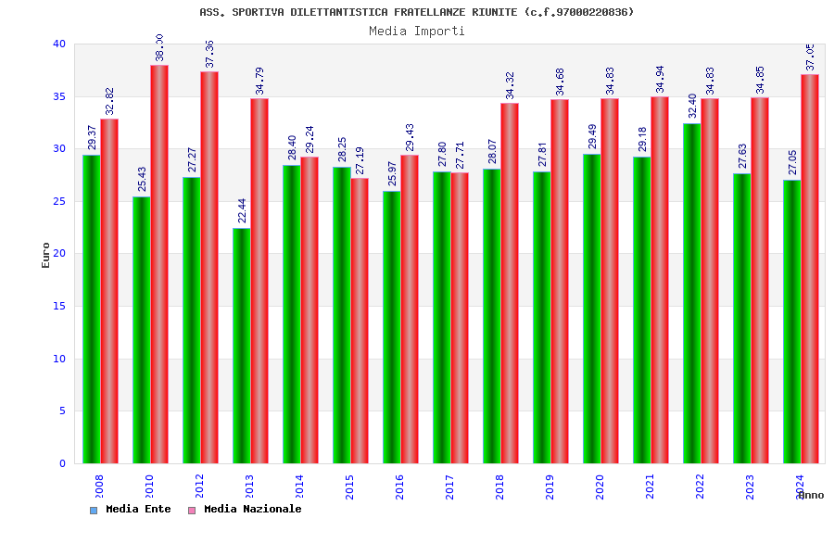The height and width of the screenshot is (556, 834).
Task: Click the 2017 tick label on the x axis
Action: tap(449, 486)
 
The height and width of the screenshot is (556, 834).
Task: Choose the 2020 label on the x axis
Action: tap(600, 486)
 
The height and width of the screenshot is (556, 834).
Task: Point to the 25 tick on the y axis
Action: tap(59, 201)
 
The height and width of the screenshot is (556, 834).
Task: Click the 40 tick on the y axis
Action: tap(59, 44)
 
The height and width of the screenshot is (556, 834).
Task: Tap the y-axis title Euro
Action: tap(46, 255)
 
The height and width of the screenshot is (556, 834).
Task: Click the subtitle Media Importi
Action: tap(417, 31)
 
